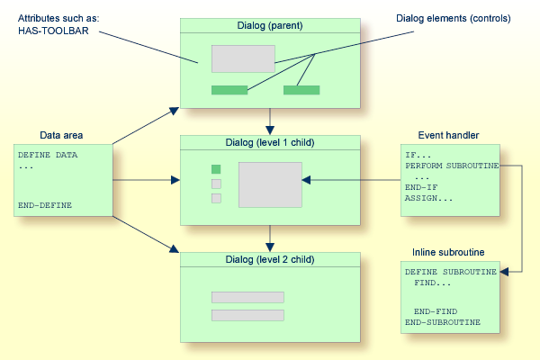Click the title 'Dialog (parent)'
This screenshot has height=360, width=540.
(270, 25)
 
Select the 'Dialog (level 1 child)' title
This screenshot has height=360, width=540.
(270, 142)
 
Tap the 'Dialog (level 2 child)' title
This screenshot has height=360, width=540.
(270, 259)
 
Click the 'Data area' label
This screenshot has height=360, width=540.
(61, 135)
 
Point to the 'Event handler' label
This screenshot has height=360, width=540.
(449, 135)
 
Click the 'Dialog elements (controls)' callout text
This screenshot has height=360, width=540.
(453, 17)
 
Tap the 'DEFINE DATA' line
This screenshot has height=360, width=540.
(47, 155)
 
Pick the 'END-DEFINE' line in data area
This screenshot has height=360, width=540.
(44, 205)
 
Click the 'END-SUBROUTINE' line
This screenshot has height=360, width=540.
(442, 321)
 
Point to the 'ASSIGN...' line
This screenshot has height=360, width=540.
(429, 198)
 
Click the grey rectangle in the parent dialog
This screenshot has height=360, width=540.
(243, 58)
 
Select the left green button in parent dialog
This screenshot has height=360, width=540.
(229, 90)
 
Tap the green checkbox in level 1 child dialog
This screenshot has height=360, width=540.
(216, 169)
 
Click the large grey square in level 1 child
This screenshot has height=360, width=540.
(270, 184)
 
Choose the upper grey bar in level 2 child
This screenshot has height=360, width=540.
(247, 297)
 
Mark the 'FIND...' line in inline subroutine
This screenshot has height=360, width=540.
(434, 283)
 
